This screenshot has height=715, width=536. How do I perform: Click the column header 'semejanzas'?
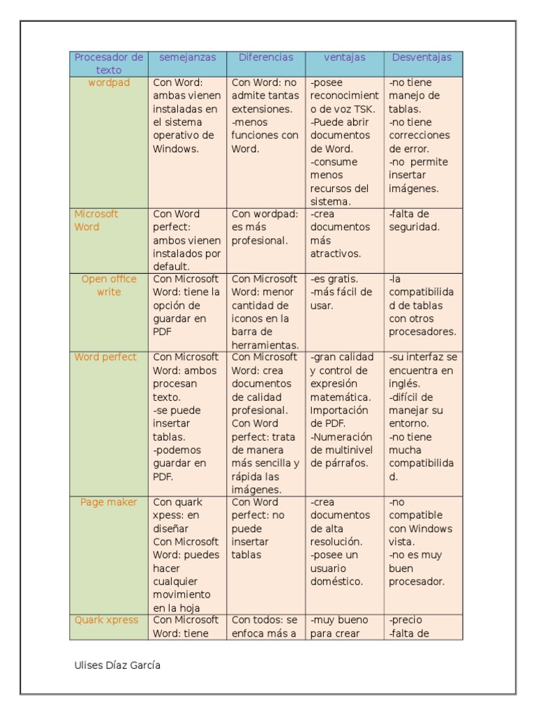tap(187, 58)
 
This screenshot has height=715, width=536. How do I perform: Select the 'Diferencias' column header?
tap(266, 58)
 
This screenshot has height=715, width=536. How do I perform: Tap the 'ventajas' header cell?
tap(344, 58)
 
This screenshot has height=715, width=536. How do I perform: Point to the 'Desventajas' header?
tap(422, 58)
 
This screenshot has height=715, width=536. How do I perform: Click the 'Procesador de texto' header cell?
tap(109, 64)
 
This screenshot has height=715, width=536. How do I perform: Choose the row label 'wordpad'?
tap(109, 82)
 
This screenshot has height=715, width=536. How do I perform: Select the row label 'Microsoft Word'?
tap(96, 221)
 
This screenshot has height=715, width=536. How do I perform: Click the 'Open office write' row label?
tap(109, 286)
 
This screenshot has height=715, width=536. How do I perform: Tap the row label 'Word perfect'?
tap(106, 357)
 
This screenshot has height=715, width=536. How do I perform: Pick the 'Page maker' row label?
tap(109, 503)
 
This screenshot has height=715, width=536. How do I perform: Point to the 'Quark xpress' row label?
tap(107, 620)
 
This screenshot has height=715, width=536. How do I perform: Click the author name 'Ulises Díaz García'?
tap(117, 665)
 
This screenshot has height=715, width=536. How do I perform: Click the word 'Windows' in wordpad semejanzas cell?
tap(176, 149)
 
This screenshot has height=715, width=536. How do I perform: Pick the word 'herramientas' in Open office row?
tap(265, 345)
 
